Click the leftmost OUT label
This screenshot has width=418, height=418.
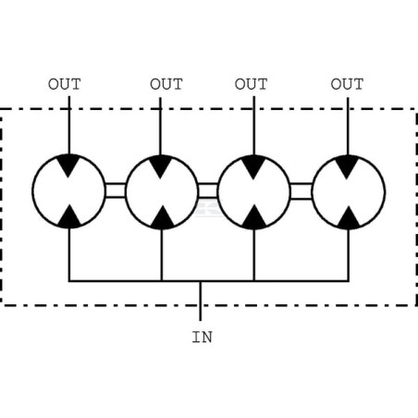coord(65,84)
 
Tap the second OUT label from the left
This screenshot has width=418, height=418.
coord(166,84)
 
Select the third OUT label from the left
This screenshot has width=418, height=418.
coord(251,84)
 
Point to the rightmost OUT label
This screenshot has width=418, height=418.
coord(347,84)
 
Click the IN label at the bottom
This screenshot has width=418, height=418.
coord(203,337)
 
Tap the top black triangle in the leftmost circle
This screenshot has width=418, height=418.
coord(68,164)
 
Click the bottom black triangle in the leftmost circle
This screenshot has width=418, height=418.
coord(69,217)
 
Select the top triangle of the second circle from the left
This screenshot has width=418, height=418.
coord(160,165)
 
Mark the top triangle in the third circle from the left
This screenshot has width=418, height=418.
coord(253,165)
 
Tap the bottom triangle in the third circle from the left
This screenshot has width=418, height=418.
coord(254,218)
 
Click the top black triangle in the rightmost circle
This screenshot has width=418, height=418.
coord(347,165)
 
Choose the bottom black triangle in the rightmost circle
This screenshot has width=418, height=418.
coord(349,219)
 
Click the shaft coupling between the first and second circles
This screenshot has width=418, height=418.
coord(116,191)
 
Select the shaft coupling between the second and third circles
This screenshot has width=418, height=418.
coord(208,191)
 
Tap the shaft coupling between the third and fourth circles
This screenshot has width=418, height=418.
coord(301,191)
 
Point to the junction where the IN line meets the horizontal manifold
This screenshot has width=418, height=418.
coord(201,281)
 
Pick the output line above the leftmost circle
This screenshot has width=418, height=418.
coord(69,125)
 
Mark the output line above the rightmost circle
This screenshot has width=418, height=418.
coord(348,127)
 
